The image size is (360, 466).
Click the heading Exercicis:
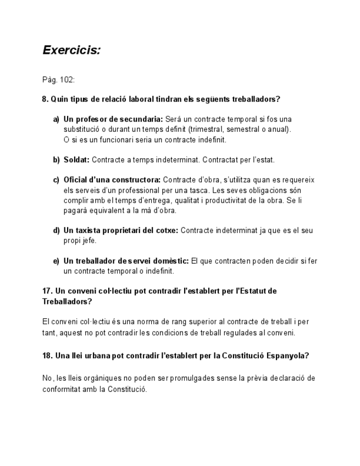click(x=71, y=51)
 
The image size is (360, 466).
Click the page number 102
click(x=67, y=80)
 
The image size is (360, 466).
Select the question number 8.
click(x=45, y=99)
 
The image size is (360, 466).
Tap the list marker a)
click(x=56, y=119)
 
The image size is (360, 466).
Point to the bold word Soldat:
click(x=76, y=160)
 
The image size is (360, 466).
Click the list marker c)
click(x=56, y=180)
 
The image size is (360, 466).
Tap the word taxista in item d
click(x=88, y=231)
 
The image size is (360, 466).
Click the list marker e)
click(x=56, y=261)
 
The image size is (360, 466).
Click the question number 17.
click(x=47, y=291)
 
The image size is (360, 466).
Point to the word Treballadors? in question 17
click(x=67, y=302)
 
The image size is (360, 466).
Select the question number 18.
click(x=47, y=356)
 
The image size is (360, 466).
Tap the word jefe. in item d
click(x=90, y=241)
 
